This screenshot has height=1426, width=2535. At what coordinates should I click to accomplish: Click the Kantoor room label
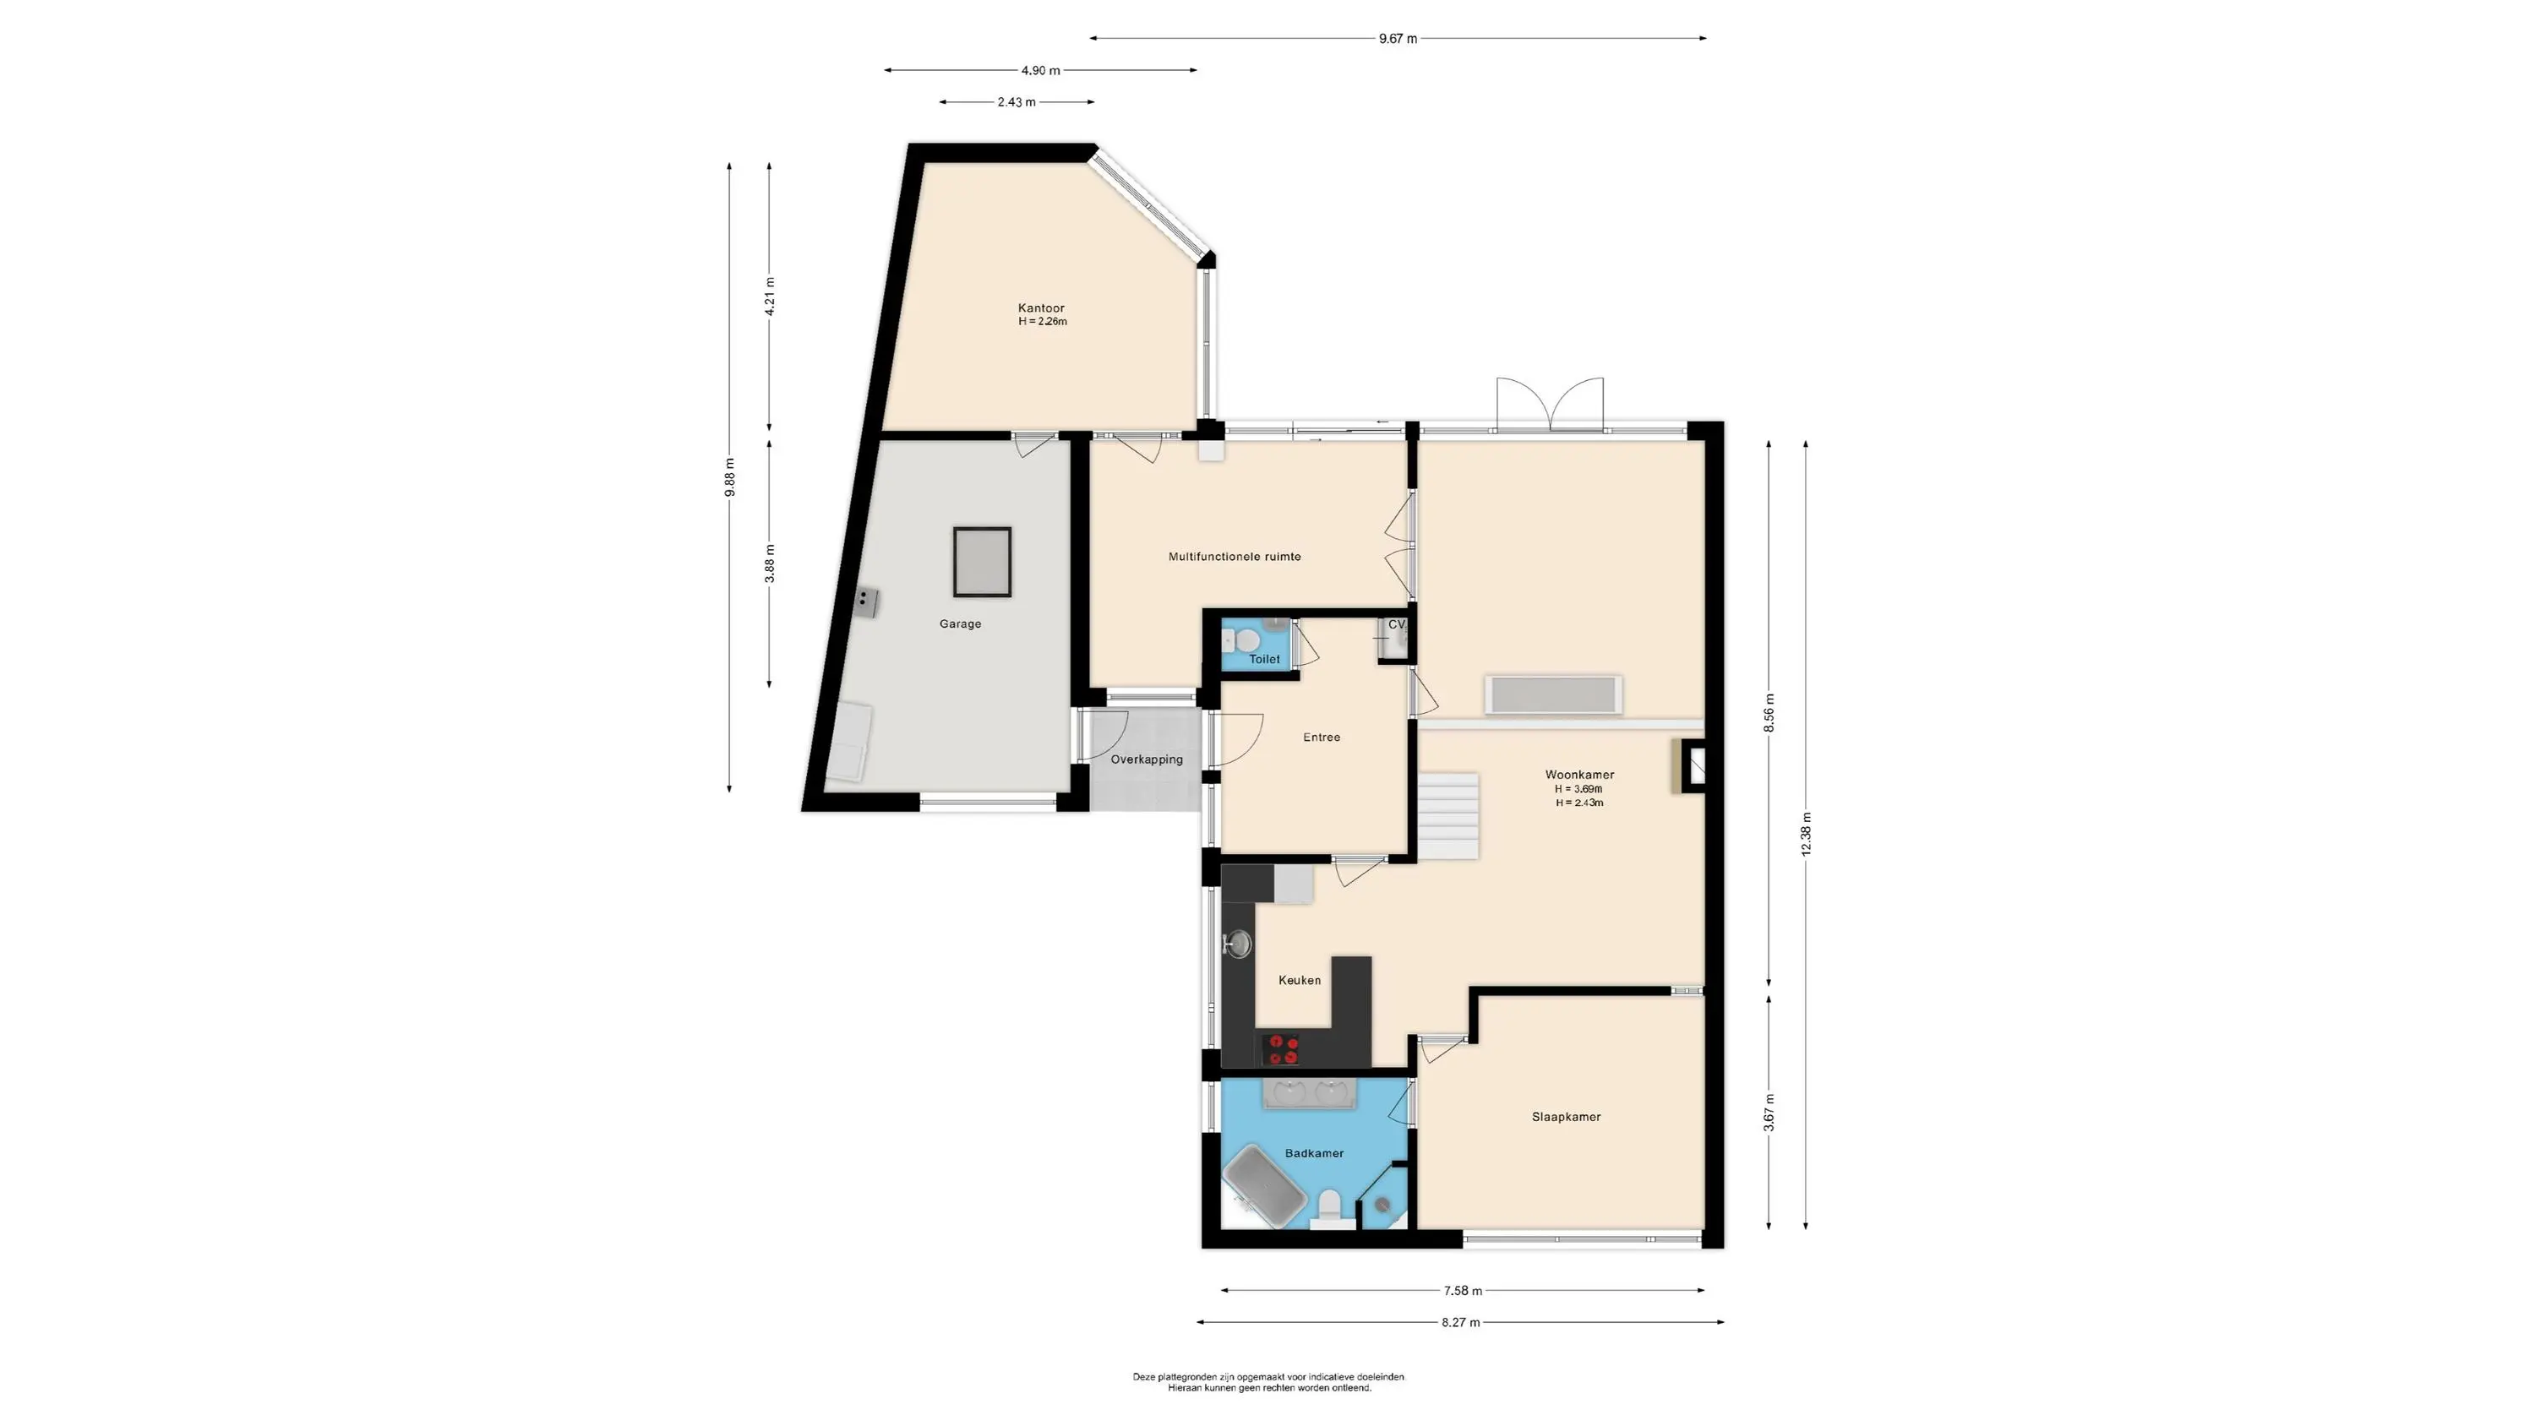(1041, 308)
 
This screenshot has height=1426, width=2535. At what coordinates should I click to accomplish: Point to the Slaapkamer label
(1566, 1117)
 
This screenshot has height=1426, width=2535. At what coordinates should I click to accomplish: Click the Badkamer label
(1314, 1153)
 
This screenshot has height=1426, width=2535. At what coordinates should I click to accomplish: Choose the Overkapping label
(1147, 759)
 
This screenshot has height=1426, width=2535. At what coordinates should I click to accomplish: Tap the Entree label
(1322, 737)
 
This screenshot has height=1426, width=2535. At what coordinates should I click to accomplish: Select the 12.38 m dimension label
(1806, 834)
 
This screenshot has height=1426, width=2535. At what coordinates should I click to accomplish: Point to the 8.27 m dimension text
(1460, 1323)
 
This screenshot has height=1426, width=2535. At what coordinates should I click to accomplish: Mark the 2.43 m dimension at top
(1017, 102)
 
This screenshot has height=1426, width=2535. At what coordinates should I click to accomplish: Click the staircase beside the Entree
(1448, 816)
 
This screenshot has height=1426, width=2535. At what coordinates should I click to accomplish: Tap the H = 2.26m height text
(1042, 322)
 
